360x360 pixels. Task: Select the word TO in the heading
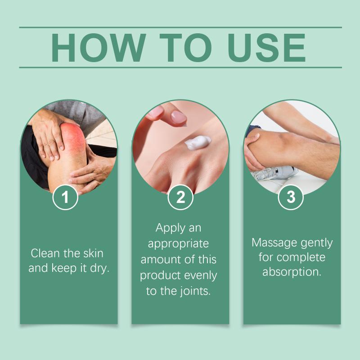[x=185, y=48]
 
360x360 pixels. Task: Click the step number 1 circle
[x=65, y=197]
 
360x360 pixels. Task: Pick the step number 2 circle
[x=180, y=197]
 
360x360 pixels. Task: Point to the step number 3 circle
[x=291, y=197]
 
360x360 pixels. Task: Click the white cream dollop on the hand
[x=198, y=142]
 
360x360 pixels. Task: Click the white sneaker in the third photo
[x=274, y=173]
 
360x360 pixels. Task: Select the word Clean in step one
[x=45, y=253]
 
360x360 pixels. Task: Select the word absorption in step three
[x=292, y=272]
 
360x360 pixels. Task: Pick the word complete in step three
[x=301, y=257]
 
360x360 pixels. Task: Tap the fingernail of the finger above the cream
[x=179, y=117]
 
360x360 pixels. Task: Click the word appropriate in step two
[x=178, y=244]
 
